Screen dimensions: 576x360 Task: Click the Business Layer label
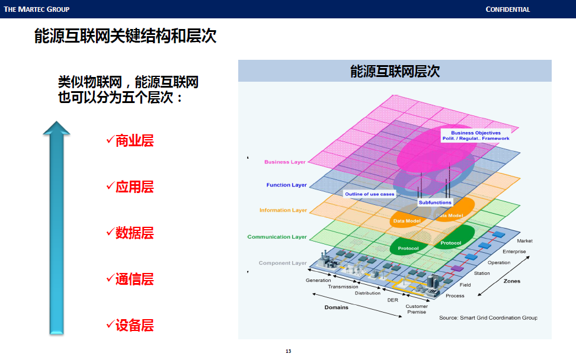point(285,162)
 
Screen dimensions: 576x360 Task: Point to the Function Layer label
point(286,185)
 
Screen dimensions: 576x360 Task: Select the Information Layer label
point(283,210)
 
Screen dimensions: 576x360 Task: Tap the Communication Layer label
point(277,237)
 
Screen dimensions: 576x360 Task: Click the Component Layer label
point(283,263)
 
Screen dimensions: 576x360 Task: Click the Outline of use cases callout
point(370,194)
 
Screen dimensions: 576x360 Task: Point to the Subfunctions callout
point(435,202)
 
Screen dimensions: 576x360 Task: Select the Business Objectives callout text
point(476,136)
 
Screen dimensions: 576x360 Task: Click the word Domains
point(337,307)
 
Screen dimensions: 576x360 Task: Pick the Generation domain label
point(318,280)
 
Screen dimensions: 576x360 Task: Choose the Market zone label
point(524,241)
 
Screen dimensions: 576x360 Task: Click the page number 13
point(288,351)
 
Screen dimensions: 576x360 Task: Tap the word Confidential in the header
point(507,9)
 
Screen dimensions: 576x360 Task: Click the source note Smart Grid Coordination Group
point(488,318)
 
